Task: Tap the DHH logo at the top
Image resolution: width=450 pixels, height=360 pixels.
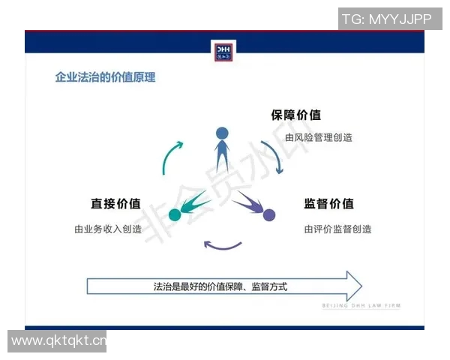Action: click(224, 52)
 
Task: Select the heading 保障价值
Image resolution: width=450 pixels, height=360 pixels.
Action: click(295, 115)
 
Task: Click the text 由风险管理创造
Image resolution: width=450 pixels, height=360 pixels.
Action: click(319, 138)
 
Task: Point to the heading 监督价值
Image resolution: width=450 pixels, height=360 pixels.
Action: click(328, 203)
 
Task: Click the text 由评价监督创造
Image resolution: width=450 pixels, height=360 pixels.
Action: click(337, 229)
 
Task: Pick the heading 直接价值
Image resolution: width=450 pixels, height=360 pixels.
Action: click(115, 203)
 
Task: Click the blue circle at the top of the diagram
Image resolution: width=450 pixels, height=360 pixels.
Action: click(222, 134)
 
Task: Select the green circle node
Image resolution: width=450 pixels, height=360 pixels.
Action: click(175, 215)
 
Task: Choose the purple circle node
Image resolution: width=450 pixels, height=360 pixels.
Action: click(269, 215)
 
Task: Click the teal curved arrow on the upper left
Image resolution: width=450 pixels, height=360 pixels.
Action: click(171, 156)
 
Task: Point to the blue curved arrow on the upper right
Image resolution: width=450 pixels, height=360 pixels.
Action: click(272, 156)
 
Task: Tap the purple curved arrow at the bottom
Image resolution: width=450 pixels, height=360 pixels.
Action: click(223, 245)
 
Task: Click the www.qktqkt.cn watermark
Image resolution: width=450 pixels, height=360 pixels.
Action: click(58, 342)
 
